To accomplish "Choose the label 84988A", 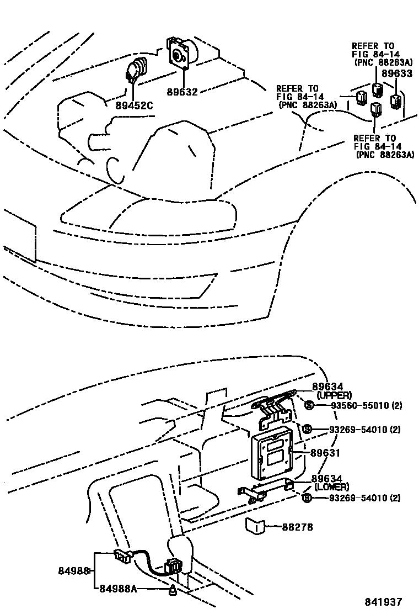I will pos(118,589).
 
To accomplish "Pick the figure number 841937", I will pos(382,602).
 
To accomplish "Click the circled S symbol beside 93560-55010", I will pos(309,406).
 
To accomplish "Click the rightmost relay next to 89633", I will pos(395,101).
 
